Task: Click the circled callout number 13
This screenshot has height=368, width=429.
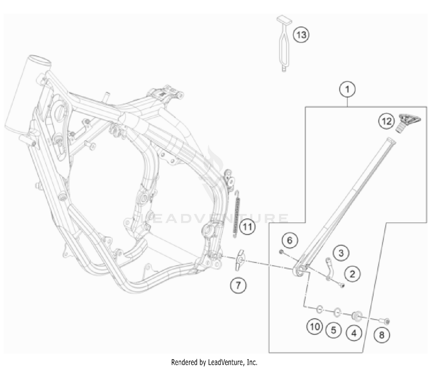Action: (301, 35)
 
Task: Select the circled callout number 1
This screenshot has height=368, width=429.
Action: (347, 89)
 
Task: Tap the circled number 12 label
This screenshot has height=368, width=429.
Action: (386, 121)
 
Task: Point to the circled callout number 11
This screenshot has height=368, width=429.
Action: (247, 227)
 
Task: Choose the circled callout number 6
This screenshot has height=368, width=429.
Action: (290, 240)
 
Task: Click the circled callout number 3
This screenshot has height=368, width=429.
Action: (341, 253)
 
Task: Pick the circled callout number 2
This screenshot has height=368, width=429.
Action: (352, 274)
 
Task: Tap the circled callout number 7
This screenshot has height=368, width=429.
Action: (238, 285)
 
